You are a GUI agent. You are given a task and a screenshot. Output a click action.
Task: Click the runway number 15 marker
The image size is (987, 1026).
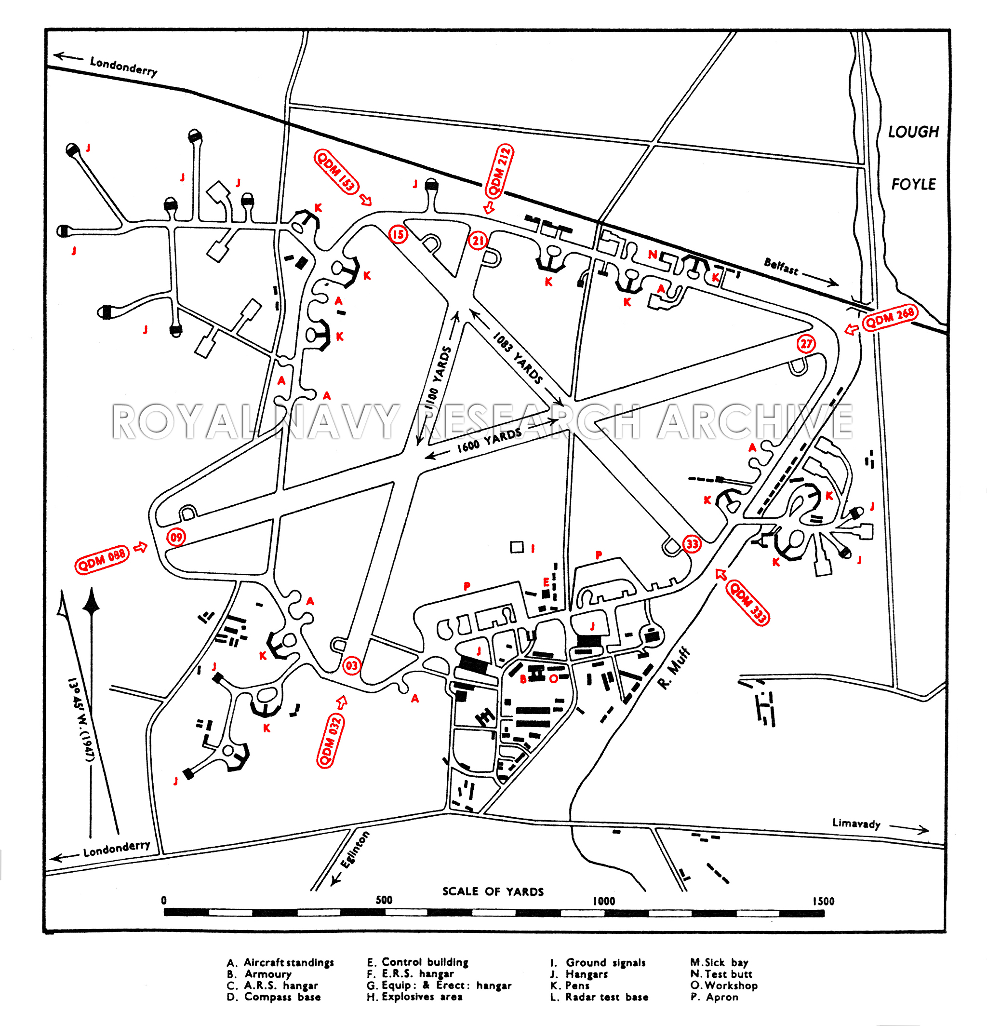pyautogui.click(x=398, y=234)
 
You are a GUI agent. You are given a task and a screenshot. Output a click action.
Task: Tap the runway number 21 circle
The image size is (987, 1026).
pyautogui.click(x=477, y=241)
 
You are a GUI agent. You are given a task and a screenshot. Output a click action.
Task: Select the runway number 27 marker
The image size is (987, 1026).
pyautogui.click(x=806, y=344)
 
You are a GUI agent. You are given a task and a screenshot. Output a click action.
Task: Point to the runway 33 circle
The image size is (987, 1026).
pyautogui.click(x=693, y=544)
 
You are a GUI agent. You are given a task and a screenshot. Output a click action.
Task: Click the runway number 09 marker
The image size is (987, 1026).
pyautogui.click(x=176, y=537)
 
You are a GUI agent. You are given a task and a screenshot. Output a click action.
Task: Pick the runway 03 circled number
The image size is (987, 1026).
pyautogui.click(x=351, y=666)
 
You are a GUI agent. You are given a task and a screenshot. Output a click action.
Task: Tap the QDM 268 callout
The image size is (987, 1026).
pyautogui.click(x=890, y=317)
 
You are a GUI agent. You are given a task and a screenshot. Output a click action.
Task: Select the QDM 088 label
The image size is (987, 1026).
pyautogui.click(x=102, y=561)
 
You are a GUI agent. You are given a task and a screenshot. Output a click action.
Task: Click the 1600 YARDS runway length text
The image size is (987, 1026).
pyautogui.click(x=489, y=440)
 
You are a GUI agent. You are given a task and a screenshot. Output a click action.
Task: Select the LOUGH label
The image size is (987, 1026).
pyautogui.click(x=913, y=132)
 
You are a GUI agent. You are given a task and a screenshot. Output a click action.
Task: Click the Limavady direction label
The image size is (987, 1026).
pyautogui.click(x=856, y=823)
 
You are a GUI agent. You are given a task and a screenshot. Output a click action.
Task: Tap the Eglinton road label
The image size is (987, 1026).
pyautogui.click(x=355, y=850)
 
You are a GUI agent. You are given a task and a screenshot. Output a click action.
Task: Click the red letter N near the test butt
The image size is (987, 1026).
pyautogui.click(x=652, y=255)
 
